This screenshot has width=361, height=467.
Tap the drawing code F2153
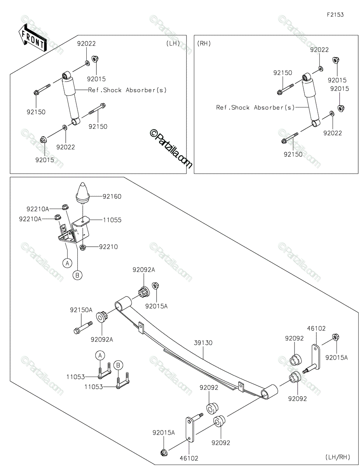(335, 15)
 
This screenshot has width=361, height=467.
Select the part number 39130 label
(204, 343)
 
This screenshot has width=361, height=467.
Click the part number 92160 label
(112, 197)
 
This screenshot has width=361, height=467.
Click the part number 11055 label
(112, 220)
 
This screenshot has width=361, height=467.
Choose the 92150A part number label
(81, 310)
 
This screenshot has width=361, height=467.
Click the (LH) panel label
(173, 43)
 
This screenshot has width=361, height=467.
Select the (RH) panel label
(204, 43)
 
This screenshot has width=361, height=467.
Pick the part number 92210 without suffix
(108, 247)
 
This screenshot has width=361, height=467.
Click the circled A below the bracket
(67, 263)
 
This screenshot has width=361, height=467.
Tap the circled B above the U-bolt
(119, 365)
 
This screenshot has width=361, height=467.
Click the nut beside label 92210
(83, 247)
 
